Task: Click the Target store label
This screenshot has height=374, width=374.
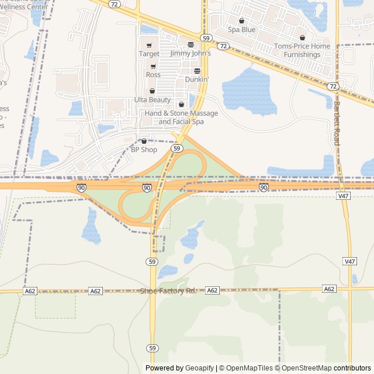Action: point(149,54)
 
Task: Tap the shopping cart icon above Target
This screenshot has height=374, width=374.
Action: point(149,46)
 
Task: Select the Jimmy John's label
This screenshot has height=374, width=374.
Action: point(191,53)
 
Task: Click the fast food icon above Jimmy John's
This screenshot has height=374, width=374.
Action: point(191,45)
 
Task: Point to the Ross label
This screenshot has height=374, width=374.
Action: point(153,75)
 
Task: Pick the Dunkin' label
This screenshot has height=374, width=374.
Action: point(197,79)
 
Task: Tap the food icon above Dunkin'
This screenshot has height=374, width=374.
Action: point(197,71)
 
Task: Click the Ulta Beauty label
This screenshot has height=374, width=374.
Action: point(153,100)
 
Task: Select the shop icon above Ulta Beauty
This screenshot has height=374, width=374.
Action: point(153,91)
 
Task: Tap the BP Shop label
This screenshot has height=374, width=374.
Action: point(144,150)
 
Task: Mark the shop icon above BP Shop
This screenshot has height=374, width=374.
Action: point(144,141)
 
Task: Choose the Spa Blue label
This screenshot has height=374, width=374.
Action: point(241,29)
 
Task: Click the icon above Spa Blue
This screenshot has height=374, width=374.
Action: point(241,20)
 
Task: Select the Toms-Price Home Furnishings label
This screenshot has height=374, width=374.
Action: point(302,50)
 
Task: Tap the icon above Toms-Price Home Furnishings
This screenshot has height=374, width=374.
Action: point(302,37)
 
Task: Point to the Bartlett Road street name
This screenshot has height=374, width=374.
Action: point(337,123)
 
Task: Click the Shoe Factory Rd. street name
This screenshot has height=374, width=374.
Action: point(168,291)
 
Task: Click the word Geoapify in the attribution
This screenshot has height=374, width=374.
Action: point(200,368)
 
